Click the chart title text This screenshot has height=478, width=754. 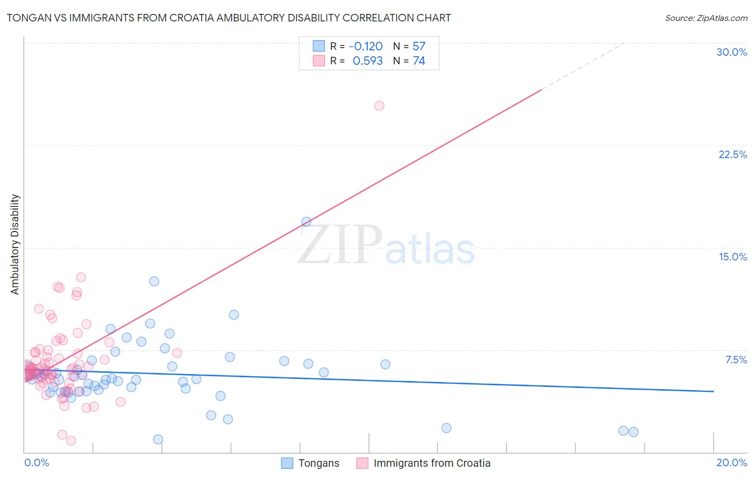tap(228, 18)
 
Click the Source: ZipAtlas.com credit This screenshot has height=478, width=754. tap(706, 18)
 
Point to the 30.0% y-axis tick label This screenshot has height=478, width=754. tap(731, 52)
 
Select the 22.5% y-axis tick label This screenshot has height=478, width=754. tap(733, 154)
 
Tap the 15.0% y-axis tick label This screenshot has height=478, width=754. tap(733, 257)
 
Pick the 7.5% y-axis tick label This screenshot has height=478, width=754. tap(736, 360)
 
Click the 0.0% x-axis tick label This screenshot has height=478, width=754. tap(36, 462)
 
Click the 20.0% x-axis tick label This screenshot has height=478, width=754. tap(731, 462)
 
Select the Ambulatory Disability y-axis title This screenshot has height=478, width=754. tap(15, 244)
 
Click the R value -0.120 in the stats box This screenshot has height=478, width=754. tap(366, 46)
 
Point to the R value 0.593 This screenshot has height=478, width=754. tap(367, 61)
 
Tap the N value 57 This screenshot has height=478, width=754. tap(419, 46)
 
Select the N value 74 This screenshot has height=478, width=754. tap(419, 61)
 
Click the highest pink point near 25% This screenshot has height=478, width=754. tap(379, 106)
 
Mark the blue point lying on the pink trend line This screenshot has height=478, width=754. tap(306, 221)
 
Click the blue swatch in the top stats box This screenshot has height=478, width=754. tap(319, 46)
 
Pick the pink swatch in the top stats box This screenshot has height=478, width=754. tap(319, 61)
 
